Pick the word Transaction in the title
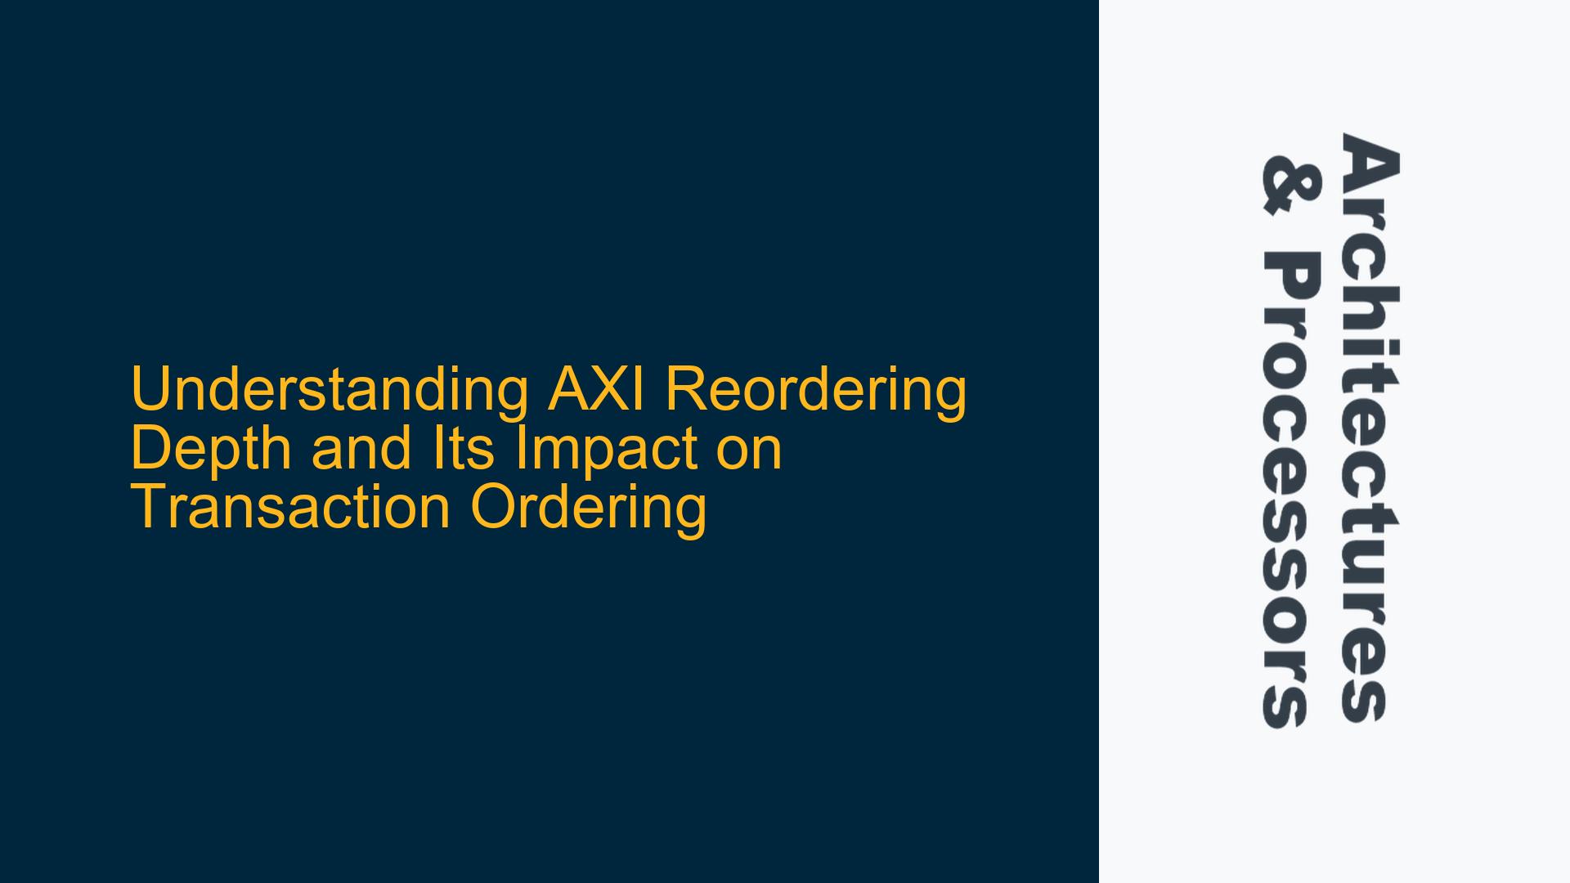(x=290, y=508)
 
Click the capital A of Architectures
(x=1370, y=163)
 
